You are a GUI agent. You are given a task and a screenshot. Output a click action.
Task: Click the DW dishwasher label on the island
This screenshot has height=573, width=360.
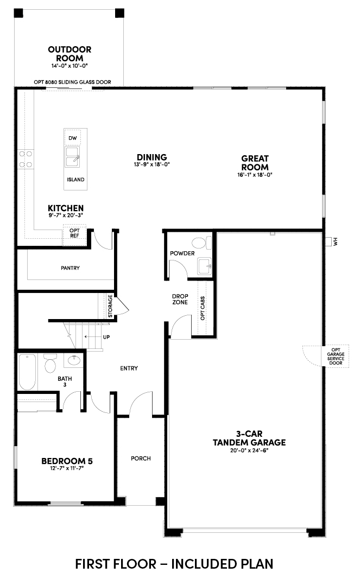(x=72, y=138)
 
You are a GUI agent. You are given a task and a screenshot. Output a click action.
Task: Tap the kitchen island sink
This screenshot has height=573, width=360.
(x=72, y=157)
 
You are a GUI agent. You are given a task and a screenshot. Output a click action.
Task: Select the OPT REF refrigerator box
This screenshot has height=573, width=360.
(x=74, y=235)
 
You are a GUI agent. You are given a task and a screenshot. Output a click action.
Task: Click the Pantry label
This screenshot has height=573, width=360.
(x=70, y=268)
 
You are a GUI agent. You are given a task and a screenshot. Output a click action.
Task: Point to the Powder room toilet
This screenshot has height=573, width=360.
(x=202, y=243)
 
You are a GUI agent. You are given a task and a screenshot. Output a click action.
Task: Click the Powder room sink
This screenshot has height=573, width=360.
(x=205, y=266)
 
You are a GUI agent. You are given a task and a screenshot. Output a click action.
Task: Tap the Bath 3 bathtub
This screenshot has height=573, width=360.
(x=28, y=372)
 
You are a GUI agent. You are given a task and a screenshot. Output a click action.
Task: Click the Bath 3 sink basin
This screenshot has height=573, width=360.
(x=74, y=360)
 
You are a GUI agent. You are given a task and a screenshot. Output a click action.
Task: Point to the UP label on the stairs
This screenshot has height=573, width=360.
(x=106, y=337)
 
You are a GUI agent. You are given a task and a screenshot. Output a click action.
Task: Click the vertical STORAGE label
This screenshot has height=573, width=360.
(x=110, y=306)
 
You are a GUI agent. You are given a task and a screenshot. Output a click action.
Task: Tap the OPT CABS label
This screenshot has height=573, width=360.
(x=203, y=308)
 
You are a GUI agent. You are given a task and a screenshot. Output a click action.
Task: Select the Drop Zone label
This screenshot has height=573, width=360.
(x=180, y=299)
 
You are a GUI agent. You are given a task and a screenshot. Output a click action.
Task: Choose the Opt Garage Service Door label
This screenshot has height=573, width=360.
(x=336, y=356)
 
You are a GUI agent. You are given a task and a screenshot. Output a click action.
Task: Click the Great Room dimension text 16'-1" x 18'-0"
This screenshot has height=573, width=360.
(x=255, y=175)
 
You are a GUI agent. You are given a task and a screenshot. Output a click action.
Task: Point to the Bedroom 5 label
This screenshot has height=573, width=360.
(x=67, y=461)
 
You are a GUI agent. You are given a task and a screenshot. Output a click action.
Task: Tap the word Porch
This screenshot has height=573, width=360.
(x=141, y=459)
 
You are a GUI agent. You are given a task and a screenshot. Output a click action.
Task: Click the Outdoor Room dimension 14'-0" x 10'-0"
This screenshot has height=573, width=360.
(x=70, y=66)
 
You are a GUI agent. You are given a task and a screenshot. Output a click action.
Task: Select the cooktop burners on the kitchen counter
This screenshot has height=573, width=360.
(x=26, y=160)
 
